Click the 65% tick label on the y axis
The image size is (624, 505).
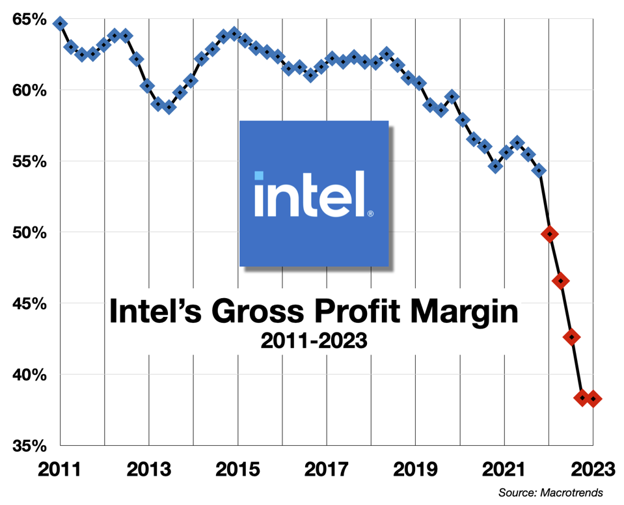30,20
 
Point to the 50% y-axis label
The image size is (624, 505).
30,232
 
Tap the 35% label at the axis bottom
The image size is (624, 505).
30,446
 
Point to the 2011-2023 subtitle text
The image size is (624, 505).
314,341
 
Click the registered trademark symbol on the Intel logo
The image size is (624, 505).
370,213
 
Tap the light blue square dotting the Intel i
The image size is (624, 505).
259,176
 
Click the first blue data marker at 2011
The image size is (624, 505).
60,23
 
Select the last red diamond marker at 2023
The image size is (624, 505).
593,399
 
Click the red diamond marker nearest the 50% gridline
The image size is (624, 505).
550,234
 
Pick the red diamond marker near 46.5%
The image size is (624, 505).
561,280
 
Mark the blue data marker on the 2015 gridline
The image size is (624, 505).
236,33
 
